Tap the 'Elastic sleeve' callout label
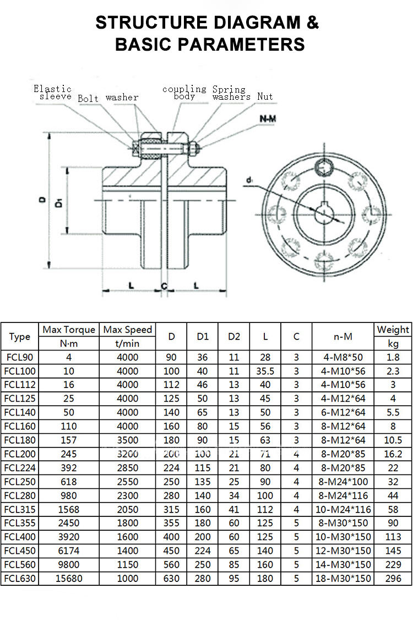(53, 92)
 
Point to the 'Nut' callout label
(265, 96)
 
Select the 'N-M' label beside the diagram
(269, 118)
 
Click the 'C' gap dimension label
(164, 285)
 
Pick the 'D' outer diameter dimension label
(42, 201)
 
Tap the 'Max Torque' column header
(69, 330)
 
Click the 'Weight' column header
(393, 330)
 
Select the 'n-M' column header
(343, 336)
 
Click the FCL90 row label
(20, 357)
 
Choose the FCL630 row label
(20, 578)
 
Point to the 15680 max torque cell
(69, 578)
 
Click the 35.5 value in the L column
(265, 371)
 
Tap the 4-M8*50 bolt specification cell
(343, 357)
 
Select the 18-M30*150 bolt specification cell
(343, 578)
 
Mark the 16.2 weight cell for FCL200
(393, 454)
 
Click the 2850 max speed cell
(128, 467)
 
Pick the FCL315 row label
(20, 509)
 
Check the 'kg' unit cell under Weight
(393, 343)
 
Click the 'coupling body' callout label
(184, 92)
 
